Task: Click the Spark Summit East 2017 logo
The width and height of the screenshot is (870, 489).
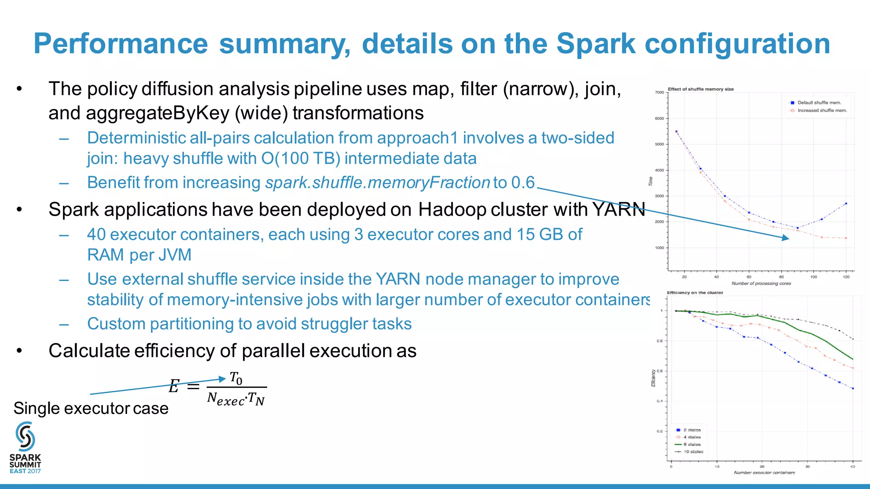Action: [25, 447]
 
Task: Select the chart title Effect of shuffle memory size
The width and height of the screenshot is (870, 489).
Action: [701, 89]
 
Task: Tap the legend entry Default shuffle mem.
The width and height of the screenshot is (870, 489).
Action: [819, 103]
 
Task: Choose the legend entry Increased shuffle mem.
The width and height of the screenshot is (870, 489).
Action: [822, 110]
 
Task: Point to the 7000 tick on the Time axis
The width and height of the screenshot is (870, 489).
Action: [659, 93]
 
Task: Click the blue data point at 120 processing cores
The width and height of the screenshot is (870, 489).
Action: [846, 204]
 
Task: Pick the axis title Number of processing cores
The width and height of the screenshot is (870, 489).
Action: [761, 284]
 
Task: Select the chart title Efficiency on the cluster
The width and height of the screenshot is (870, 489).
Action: [695, 293]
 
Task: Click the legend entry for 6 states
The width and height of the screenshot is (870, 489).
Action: [692, 444]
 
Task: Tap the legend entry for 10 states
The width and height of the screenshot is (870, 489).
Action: [693, 452]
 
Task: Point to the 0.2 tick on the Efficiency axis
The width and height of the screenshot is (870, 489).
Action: [660, 431]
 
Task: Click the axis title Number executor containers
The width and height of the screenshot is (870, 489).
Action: [764, 472]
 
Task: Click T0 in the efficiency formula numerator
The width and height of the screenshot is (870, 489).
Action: [236, 378]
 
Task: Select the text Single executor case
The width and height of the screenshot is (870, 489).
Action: [91, 408]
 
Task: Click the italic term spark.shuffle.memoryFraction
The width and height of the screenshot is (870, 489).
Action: [378, 183]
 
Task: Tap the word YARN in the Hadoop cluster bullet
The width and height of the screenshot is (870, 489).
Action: [619, 210]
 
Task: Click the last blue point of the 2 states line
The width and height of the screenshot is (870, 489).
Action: [853, 388]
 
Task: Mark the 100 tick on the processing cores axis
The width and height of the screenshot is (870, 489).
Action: [814, 277]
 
